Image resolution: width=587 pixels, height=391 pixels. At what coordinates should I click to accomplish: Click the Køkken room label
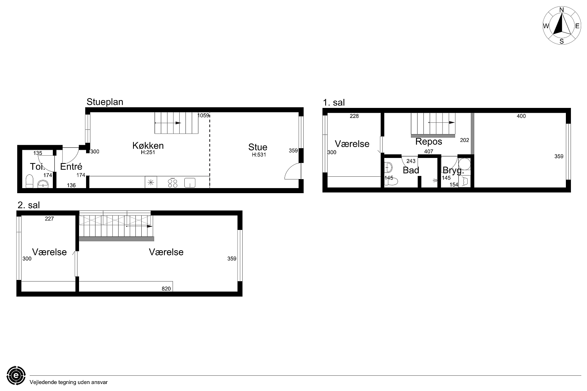148,145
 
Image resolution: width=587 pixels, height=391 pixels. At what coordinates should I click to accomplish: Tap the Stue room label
257,147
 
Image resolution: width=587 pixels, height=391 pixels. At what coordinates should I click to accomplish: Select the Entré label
71,167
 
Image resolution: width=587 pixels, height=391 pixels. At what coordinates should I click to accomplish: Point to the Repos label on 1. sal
429,142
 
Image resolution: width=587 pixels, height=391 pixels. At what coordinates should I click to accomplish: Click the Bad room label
411,170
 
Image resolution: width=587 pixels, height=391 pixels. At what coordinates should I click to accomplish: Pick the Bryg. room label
453,171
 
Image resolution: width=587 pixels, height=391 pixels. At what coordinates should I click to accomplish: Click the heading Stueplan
105,102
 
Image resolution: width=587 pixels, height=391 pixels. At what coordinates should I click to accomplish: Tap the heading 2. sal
29,205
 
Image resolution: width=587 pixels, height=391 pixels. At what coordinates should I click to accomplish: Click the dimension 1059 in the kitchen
203,115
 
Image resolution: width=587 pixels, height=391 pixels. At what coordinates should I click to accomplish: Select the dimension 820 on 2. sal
166,289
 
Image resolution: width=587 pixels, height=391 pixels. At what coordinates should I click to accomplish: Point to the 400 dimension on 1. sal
521,116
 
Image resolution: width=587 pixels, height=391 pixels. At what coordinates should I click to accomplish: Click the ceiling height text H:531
259,155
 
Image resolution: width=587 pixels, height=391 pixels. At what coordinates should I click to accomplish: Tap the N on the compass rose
562,10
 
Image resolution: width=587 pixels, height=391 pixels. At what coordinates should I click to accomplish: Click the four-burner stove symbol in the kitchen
173,183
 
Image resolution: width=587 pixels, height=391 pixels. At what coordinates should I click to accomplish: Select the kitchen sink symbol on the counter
190,183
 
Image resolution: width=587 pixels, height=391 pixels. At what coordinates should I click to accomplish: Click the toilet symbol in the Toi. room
29,181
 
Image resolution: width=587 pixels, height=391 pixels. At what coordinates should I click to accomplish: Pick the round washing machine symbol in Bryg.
465,164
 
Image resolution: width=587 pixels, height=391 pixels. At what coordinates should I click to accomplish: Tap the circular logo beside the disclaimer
16,375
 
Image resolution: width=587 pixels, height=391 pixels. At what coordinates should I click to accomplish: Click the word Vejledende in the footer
43,382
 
